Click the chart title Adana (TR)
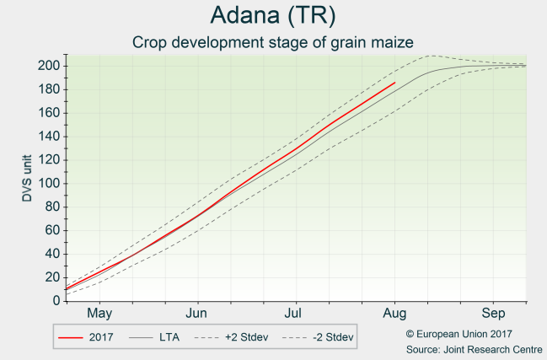273,16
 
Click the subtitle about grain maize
273,41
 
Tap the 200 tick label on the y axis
48,66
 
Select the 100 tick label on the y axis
48,183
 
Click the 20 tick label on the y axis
51,277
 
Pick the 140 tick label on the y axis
48,137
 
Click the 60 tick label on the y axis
51,230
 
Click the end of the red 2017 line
394,83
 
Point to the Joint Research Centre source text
474,348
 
